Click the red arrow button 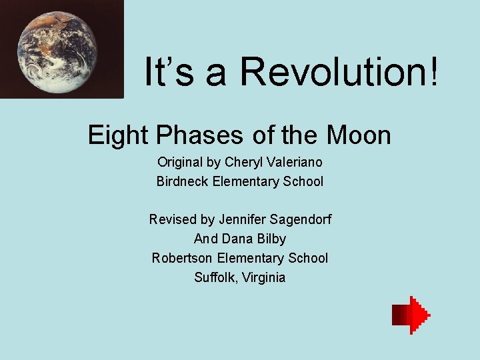click(x=411, y=315)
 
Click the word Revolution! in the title click(x=339, y=71)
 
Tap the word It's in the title click(x=170, y=71)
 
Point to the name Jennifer click(x=239, y=219)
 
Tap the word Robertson click(x=182, y=258)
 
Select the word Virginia click(x=265, y=277)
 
